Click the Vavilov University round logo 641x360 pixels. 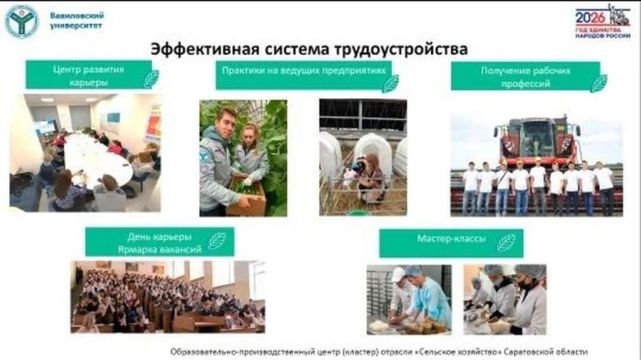click(22, 21)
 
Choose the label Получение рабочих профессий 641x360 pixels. click(525, 76)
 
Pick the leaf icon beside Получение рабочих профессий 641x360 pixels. click(598, 82)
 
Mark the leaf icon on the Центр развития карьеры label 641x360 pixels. click(151, 79)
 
